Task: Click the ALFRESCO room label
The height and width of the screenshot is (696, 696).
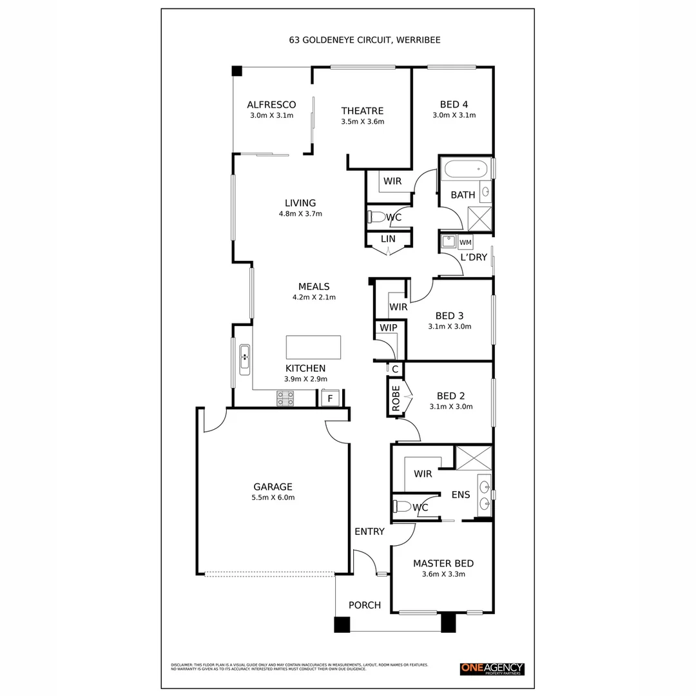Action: click(271, 104)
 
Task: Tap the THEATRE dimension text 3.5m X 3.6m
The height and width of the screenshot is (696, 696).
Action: click(362, 121)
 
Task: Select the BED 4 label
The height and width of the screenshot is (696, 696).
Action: click(454, 104)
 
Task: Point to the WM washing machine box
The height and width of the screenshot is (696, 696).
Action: click(465, 242)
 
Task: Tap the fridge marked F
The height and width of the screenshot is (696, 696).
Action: click(330, 398)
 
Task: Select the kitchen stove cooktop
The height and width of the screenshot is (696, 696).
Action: click(285, 398)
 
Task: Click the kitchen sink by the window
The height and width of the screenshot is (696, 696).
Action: click(245, 360)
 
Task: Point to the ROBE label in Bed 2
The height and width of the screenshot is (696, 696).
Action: click(396, 398)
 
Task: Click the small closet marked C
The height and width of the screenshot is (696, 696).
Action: click(394, 369)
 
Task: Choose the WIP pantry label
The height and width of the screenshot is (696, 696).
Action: click(388, 327)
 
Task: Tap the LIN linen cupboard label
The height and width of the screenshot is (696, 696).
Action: click(388, 239)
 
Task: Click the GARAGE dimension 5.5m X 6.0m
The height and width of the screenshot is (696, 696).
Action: click(273, 497)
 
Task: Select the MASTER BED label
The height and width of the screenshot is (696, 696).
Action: click(443, 563)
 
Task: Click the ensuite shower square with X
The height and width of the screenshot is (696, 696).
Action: click(473, 457)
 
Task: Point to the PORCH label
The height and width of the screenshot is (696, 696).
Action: click(364, 605)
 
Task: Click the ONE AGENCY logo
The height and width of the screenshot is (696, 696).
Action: click(492, 669)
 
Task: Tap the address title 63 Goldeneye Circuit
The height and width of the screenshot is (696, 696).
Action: click(365, 39)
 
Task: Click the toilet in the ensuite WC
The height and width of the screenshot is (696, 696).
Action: click(400, 507)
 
